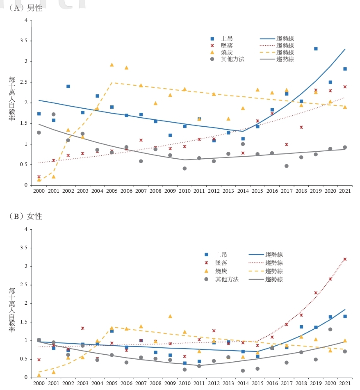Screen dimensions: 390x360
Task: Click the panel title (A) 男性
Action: tap(25, 8)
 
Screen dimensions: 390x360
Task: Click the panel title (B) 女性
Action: tap(25, 216)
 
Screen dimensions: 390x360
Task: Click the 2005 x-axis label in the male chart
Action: tap(112, 191)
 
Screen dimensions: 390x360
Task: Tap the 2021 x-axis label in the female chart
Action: tap(345, 383)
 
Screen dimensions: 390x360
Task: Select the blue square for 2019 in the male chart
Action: tap(316, 49)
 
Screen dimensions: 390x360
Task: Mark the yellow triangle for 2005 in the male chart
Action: tap(112, 65)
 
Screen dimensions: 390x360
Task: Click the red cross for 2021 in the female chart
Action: tap(345, 259)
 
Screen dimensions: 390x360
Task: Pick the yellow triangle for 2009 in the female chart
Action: tap(170, 316)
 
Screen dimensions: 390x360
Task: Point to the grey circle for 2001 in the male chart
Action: tap(54, 114)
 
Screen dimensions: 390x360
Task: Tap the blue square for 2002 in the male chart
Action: tap(68, 87)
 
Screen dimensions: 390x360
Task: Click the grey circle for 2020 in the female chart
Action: tap(330, 329)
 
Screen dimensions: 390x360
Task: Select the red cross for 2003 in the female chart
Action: tap(82, 328)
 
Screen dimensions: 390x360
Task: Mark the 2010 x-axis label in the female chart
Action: tap(185, 383)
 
